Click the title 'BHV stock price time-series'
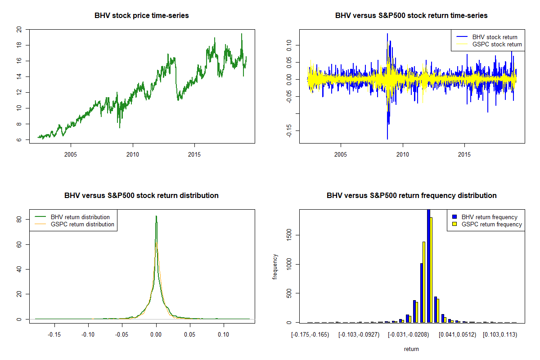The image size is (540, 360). pyautogui.click(x=141, y=16)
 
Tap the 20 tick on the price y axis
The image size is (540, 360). pyautogui.click(x=19, y=29)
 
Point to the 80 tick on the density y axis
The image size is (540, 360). pyautogui.click(x=19, y=220)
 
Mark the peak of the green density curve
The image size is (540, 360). pyautogui.click(x=156, y=216)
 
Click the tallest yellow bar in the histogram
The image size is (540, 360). pyautogui.click(x=431, y=270)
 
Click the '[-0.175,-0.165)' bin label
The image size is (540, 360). pyautogui.click(x=310, y=335)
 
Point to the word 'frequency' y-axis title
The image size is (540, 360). pyautogui.click(x=275, y=267)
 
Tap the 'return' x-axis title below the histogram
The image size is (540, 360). pyautogui.click(x=411, y=349)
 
